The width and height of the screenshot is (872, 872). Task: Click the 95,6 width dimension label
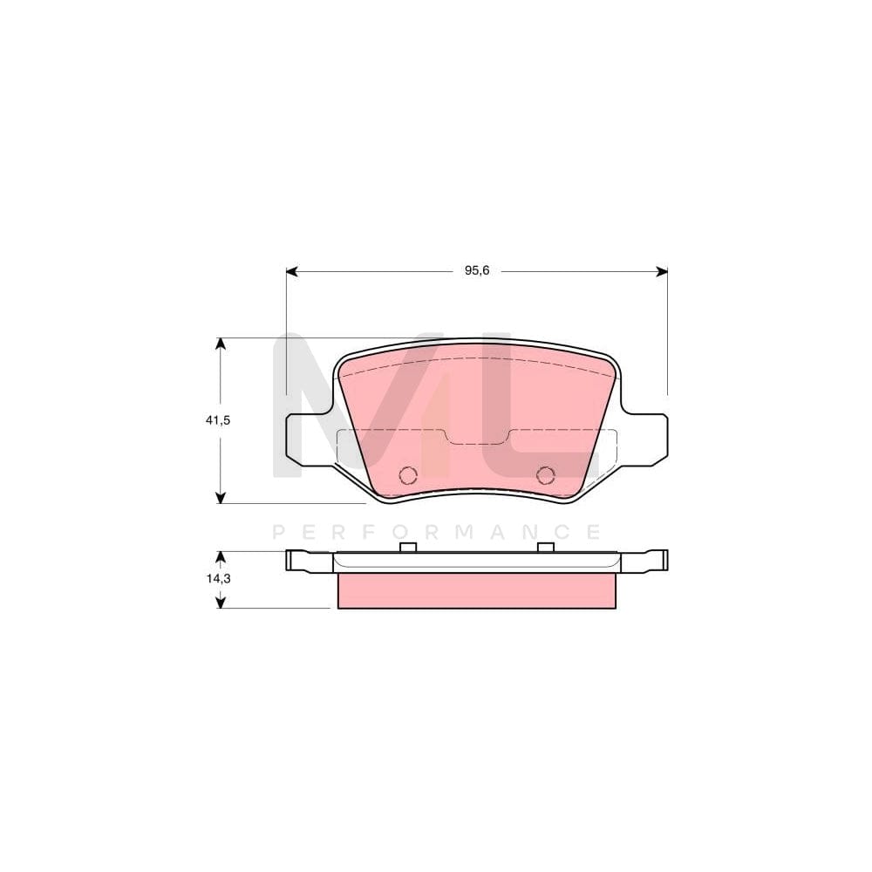tap(477, 271)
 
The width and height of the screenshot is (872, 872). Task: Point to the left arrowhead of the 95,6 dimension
tap(292, 272)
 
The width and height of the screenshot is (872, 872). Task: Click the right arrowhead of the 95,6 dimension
tap(662, 272)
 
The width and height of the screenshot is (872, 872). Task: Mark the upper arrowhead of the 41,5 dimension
tap(221, 344)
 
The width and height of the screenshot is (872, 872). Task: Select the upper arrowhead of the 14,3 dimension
tap(221, 556)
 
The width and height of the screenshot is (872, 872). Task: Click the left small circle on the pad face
tap(407, 474)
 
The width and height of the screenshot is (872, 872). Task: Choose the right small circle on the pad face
tap(546, 474)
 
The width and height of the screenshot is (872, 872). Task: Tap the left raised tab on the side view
tap(407, 547)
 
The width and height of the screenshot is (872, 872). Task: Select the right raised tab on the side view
tap(546, 547)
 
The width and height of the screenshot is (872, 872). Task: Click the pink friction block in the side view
tap(476, 590)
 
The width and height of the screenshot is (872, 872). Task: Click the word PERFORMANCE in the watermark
tap(437, 532)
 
